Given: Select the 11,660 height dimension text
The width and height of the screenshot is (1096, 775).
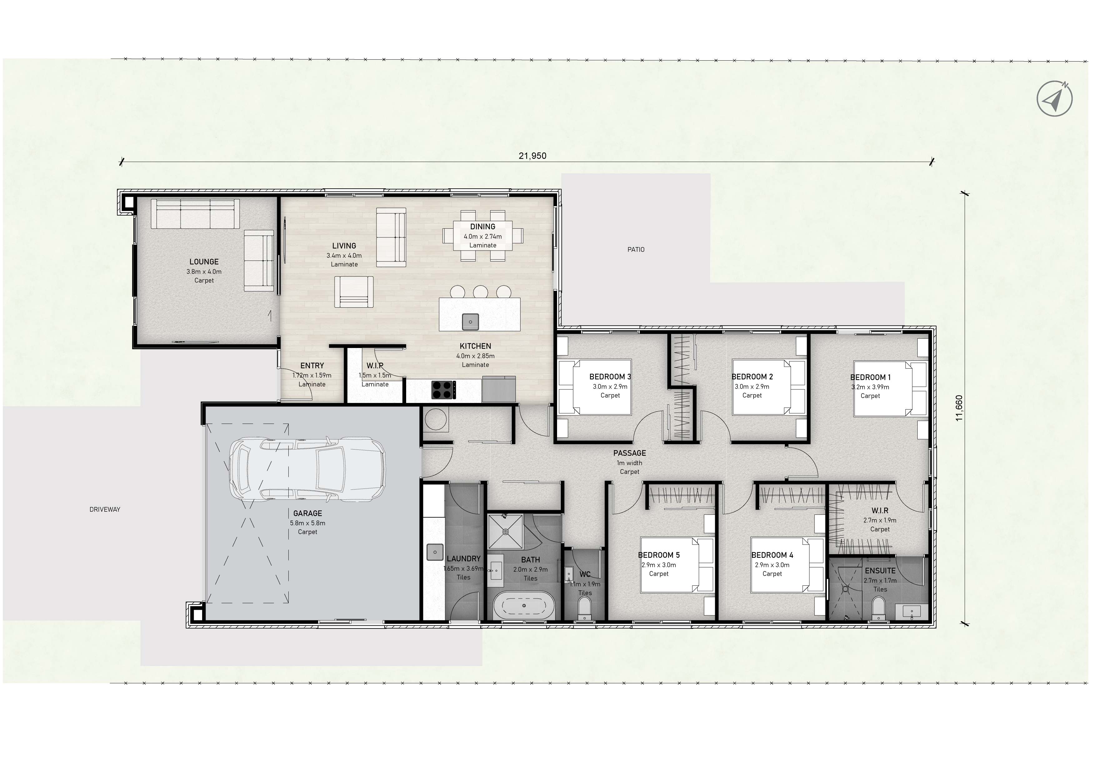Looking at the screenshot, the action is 959,408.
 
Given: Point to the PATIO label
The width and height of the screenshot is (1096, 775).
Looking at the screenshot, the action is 636,250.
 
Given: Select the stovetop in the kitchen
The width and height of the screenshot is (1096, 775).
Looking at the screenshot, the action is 443,390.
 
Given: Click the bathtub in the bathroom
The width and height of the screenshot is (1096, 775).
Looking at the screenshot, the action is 524,605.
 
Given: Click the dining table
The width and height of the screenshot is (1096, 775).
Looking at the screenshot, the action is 483,236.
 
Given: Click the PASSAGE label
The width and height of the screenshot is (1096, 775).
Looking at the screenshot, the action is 630,453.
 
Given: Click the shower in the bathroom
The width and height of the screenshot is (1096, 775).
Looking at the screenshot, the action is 505,531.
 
